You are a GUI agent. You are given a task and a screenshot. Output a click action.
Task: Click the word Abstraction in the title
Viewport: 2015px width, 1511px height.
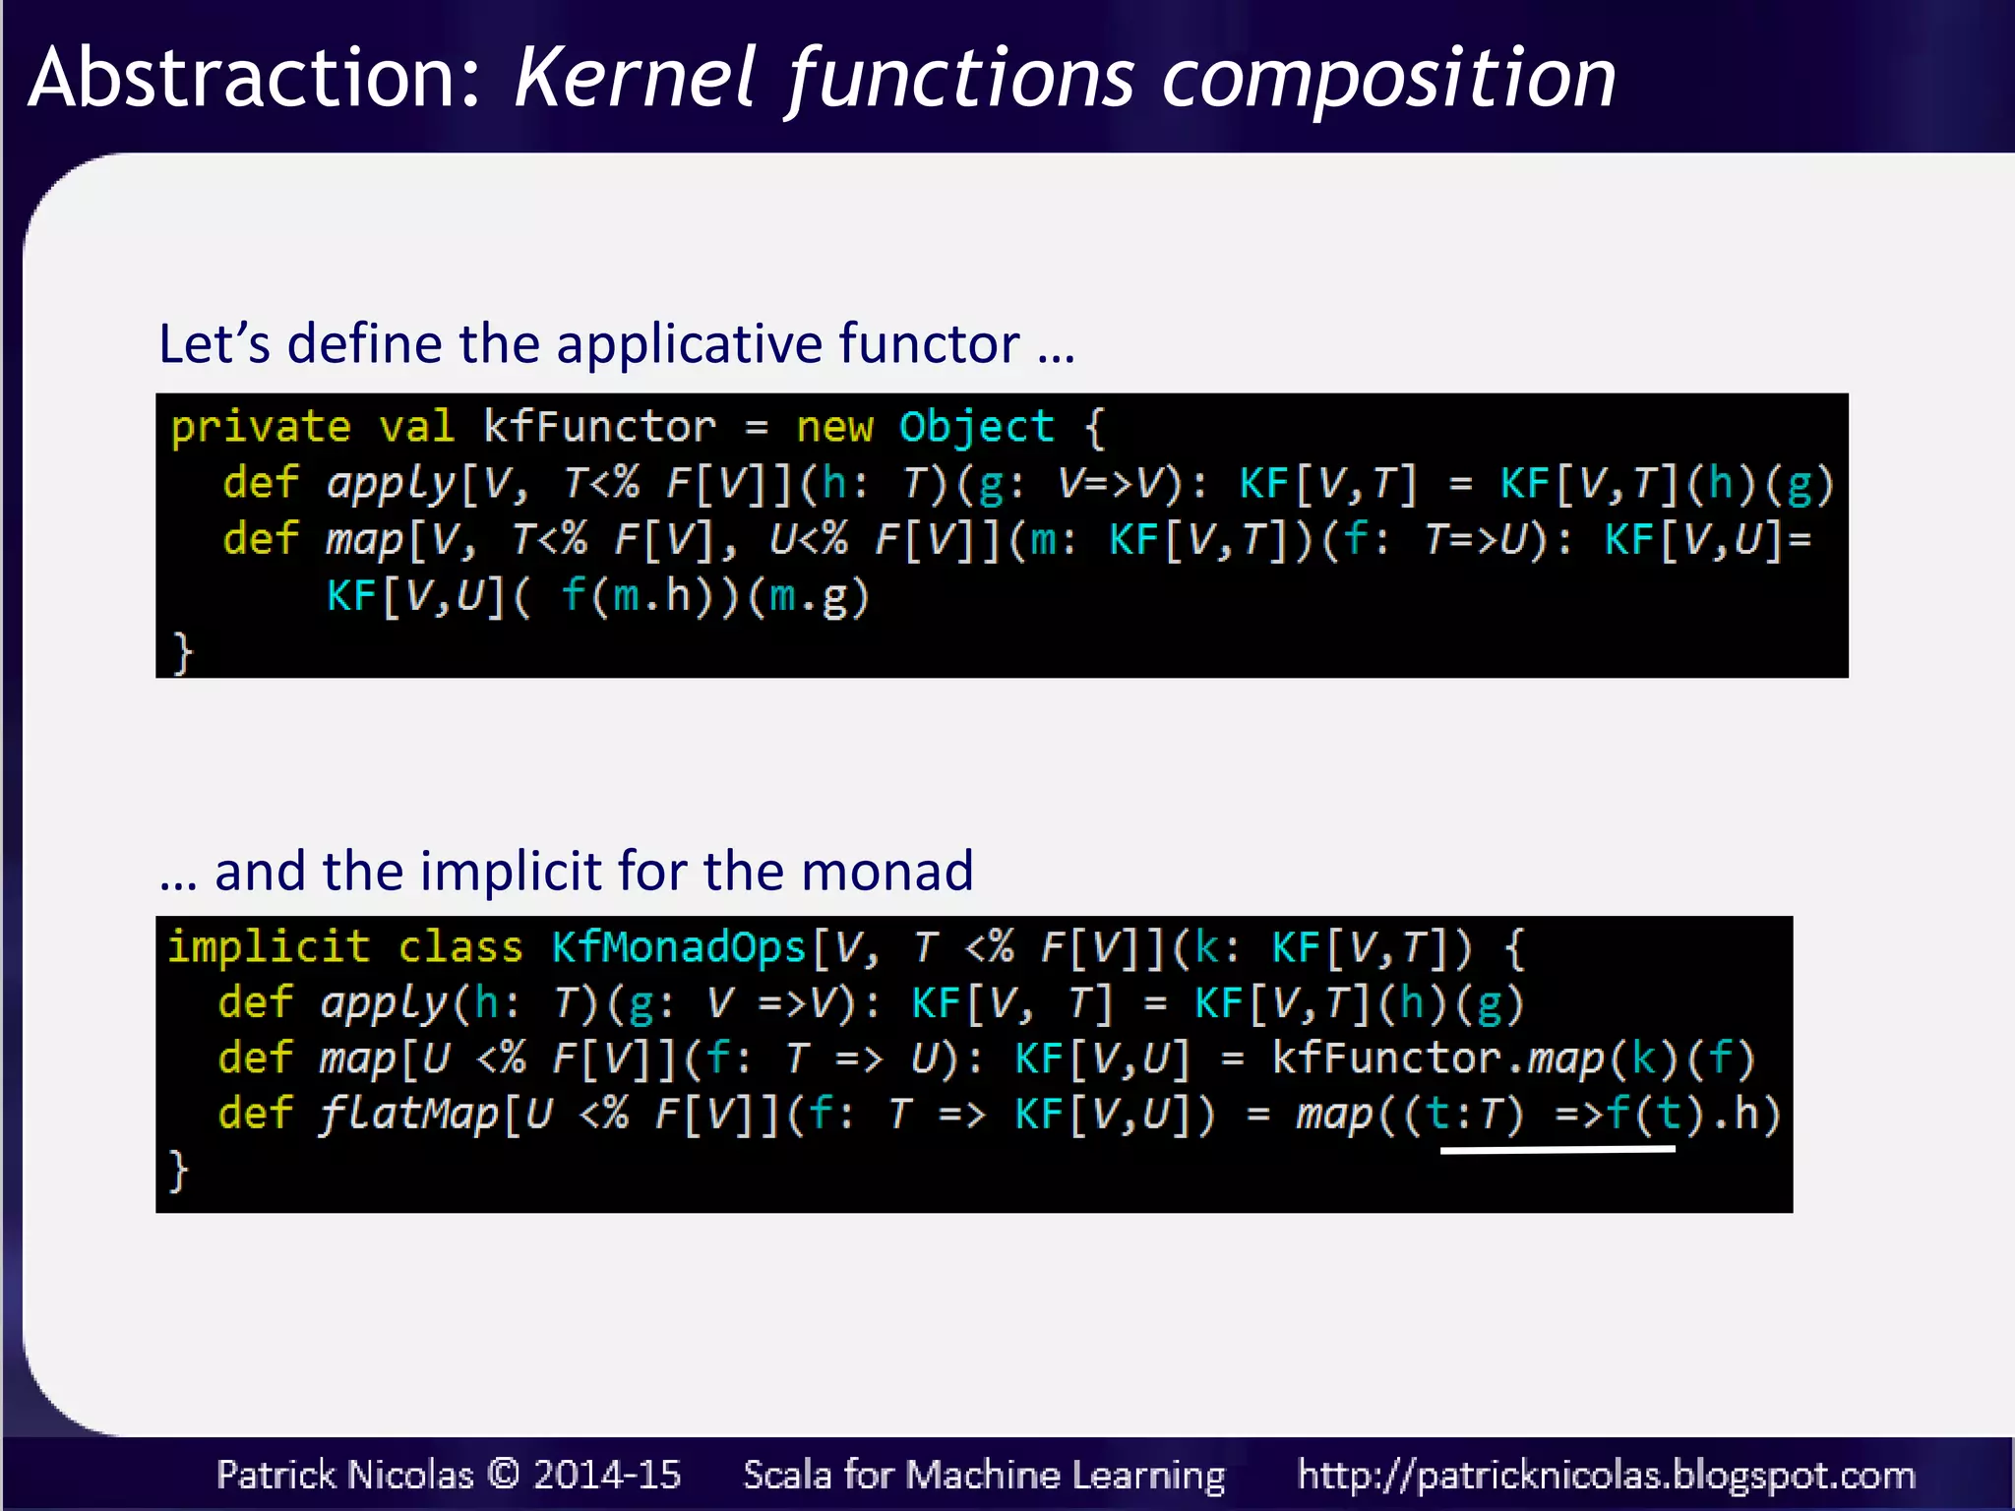pyautogui.click(x=254, y=79)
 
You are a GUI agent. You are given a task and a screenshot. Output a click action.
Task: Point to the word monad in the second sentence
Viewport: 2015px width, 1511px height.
pyautogui.click(x=886, y=872)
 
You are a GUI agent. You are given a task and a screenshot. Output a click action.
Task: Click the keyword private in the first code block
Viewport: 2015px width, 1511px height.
pyautogui.click(x=261, y=428)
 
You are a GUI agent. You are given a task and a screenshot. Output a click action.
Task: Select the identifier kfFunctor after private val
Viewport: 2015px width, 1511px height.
pyautogui.click(x=599, y=428)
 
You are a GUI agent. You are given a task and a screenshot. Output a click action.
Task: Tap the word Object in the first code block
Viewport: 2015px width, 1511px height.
pyautogui.click(x=976, y=428)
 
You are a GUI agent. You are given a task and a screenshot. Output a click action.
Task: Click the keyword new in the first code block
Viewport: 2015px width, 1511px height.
pyautogui.click(x=833, y=428)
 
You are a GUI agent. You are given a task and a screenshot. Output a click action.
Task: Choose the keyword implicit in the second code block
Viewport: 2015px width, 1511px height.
pyautogui.click(x=269, y=947)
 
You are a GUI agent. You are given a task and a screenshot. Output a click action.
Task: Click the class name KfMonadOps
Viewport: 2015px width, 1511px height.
pyautogui.click(x=679, y=947)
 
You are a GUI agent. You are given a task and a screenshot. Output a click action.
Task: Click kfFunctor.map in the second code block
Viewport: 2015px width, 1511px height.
pyautogui.click(x=1436, y=1058)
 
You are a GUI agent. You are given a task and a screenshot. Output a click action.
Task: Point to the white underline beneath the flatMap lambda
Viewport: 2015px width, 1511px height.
pyautogui.click(x=1557, y=1148)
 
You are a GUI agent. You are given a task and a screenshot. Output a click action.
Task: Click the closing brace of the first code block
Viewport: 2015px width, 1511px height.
pyautogui.click(x=182, y=652)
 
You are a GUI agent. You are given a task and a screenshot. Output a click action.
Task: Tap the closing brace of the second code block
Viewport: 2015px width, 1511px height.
pyautogui.click(x=178, y=1171)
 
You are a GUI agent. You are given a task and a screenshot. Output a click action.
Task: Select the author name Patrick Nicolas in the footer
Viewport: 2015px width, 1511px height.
pyautogui.click(x=344, y=1475)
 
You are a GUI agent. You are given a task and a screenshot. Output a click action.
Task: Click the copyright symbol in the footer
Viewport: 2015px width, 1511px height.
pyautogui.click(x=503, y=1474)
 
